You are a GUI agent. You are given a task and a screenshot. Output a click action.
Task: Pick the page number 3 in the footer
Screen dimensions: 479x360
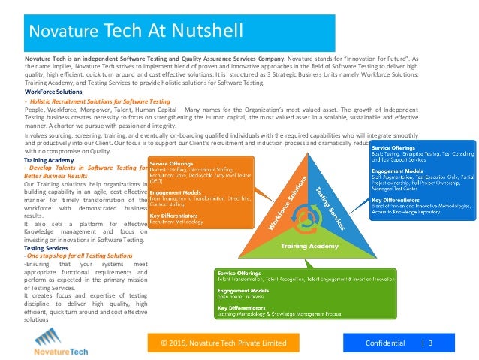pyautogui.click(x=431, y=343)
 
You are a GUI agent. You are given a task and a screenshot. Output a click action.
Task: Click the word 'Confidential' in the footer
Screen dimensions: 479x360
pyautogui.click(x=384, y=343)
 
